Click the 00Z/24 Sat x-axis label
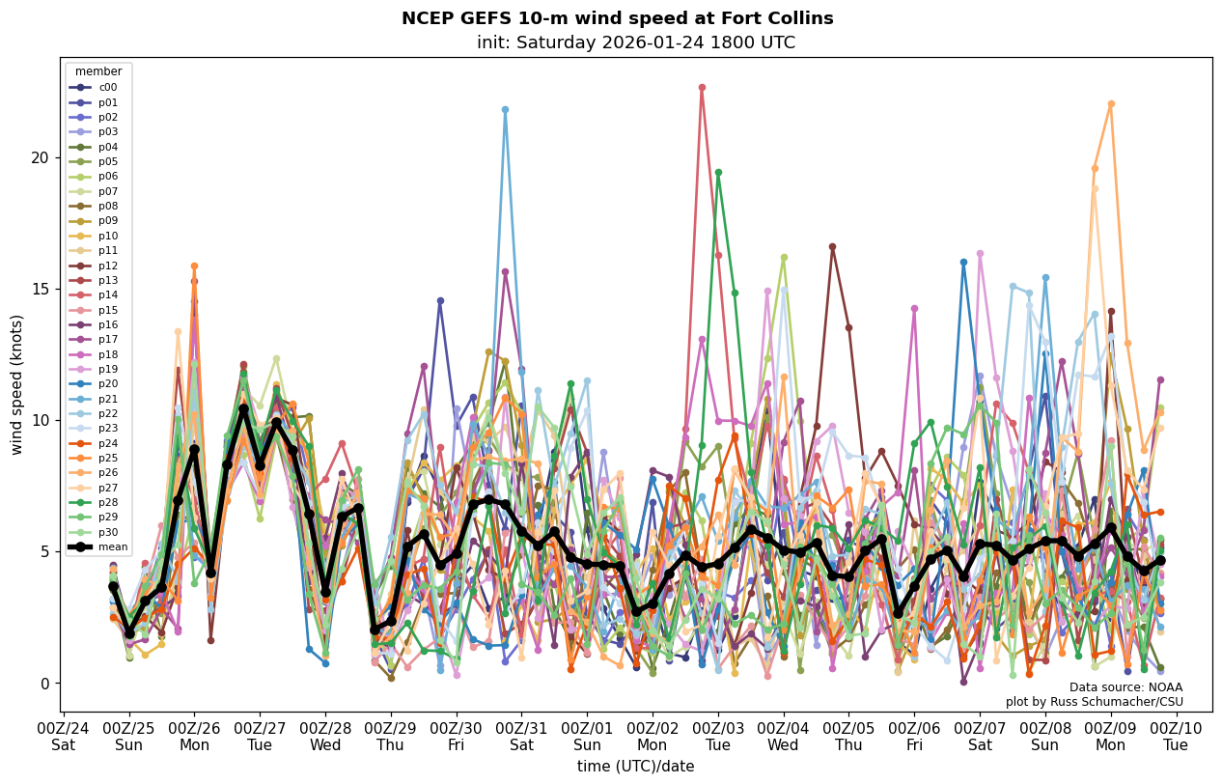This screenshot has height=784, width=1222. [x=64, y=736]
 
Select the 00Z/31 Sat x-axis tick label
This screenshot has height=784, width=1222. [x=521, y=736]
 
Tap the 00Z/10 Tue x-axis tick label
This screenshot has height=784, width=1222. [x=1176, y=736]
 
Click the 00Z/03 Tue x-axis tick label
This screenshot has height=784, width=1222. [x=717, y=736]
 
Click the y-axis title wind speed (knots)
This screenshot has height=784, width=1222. [x=16, y=384]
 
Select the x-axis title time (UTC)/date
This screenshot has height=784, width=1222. [x=635, y=767]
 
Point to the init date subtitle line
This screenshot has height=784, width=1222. [x=635, y=42]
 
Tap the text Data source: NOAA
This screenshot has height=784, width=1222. [x=1125, y=687]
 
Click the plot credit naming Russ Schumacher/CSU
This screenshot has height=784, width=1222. [x=1094, y=702]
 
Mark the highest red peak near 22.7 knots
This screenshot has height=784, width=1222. [x=702, y=87]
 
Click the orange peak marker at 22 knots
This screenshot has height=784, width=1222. [x=1111, y=103]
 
